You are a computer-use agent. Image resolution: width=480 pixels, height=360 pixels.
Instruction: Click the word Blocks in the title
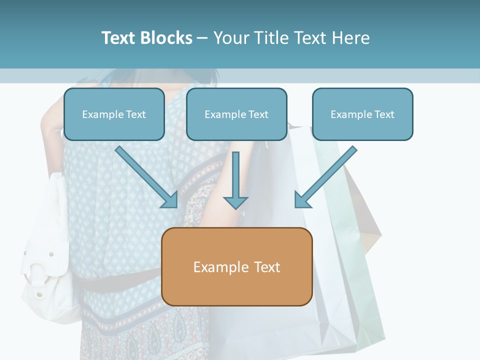(x=166, y=38)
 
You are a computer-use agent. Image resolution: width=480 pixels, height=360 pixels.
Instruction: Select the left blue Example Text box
(x=114, y=114)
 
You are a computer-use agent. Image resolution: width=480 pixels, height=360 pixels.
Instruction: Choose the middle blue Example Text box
(x=236, y=114)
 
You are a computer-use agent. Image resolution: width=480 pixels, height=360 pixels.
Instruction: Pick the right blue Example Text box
(x=362, y=114)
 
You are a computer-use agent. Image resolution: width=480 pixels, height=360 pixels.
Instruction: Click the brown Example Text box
(x=236, y=267)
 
